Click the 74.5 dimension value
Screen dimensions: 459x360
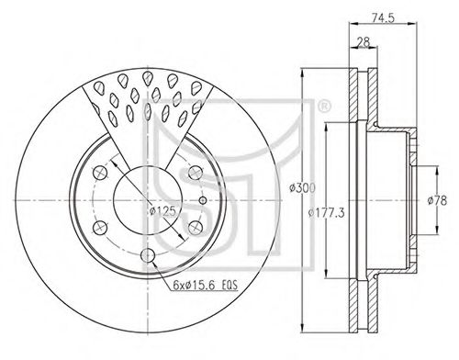(x=383, y=17)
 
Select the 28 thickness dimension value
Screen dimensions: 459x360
(x=363, y=42)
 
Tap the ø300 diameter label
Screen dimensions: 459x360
(x=302, y=188)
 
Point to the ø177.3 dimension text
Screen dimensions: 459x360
(x=326, y=212)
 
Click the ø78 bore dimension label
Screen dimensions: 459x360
(x=437, y=200)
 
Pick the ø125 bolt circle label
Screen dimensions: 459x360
(x=162, y=211)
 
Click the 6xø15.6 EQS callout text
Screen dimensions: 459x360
(x=205, y=286)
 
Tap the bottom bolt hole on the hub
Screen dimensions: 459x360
(x=148, y=255)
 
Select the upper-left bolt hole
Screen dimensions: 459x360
(x=100, y=173)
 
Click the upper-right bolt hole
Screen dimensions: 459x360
(x=196, y=173)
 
